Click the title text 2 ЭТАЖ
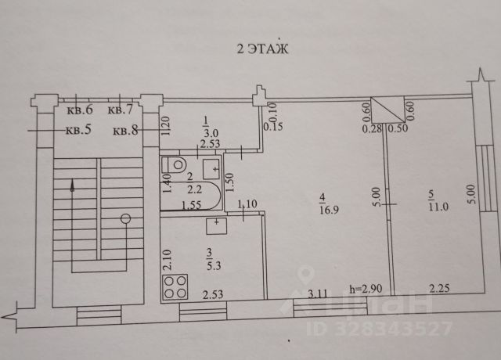(262, 49)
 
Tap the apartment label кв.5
(77, 130)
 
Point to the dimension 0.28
(369, 129)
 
